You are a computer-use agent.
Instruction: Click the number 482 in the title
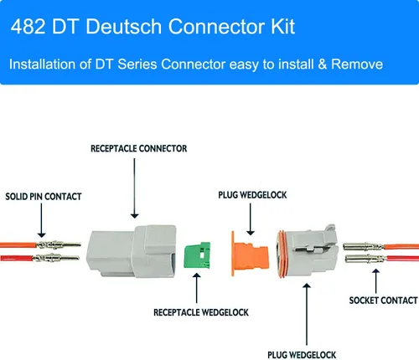pos(30,28)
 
